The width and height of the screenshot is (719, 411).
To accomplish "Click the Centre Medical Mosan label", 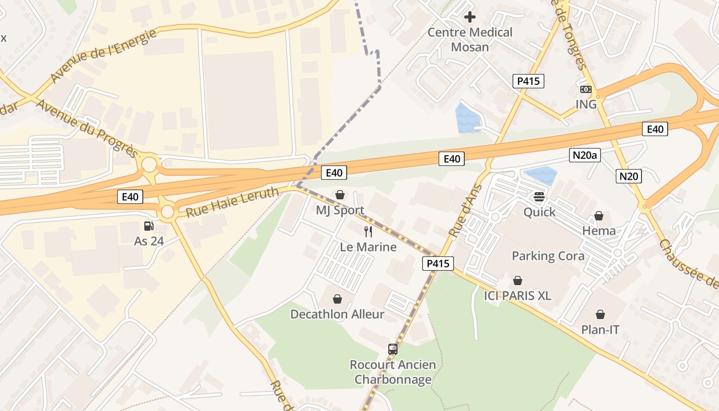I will (x=470, y=40).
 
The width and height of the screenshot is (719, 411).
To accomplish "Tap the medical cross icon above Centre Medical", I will (x=469, y=17).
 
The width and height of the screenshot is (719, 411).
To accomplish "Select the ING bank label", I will (x=586, y=104).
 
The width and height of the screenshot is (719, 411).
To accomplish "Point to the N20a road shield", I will (x=585, y=155).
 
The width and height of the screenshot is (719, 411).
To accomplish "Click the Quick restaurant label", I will (x=539, y=212).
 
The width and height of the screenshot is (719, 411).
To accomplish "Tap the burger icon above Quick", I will (x=539, y=197).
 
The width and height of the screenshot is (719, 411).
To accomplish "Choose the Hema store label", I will (x=599, y=231).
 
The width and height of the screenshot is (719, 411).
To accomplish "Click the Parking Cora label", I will (x=548, y=256).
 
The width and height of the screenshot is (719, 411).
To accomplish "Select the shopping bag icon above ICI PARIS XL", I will (x=518, y=281).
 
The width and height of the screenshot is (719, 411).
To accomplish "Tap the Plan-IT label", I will (x=600, y=330).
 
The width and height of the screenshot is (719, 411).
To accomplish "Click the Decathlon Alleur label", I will (x=337, y=314).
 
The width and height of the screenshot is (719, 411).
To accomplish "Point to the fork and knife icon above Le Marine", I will (x=368, y=231).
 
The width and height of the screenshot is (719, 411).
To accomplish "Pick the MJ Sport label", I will (x=340, y=210).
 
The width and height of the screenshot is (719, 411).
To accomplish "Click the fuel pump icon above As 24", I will (x=149, y=226).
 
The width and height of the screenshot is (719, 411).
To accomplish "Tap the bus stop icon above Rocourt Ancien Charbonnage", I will (x=393, y=349).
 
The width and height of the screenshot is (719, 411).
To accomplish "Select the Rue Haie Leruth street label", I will (x=232, y=202).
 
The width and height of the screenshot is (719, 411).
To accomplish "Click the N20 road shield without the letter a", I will (x=629, y=177).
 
